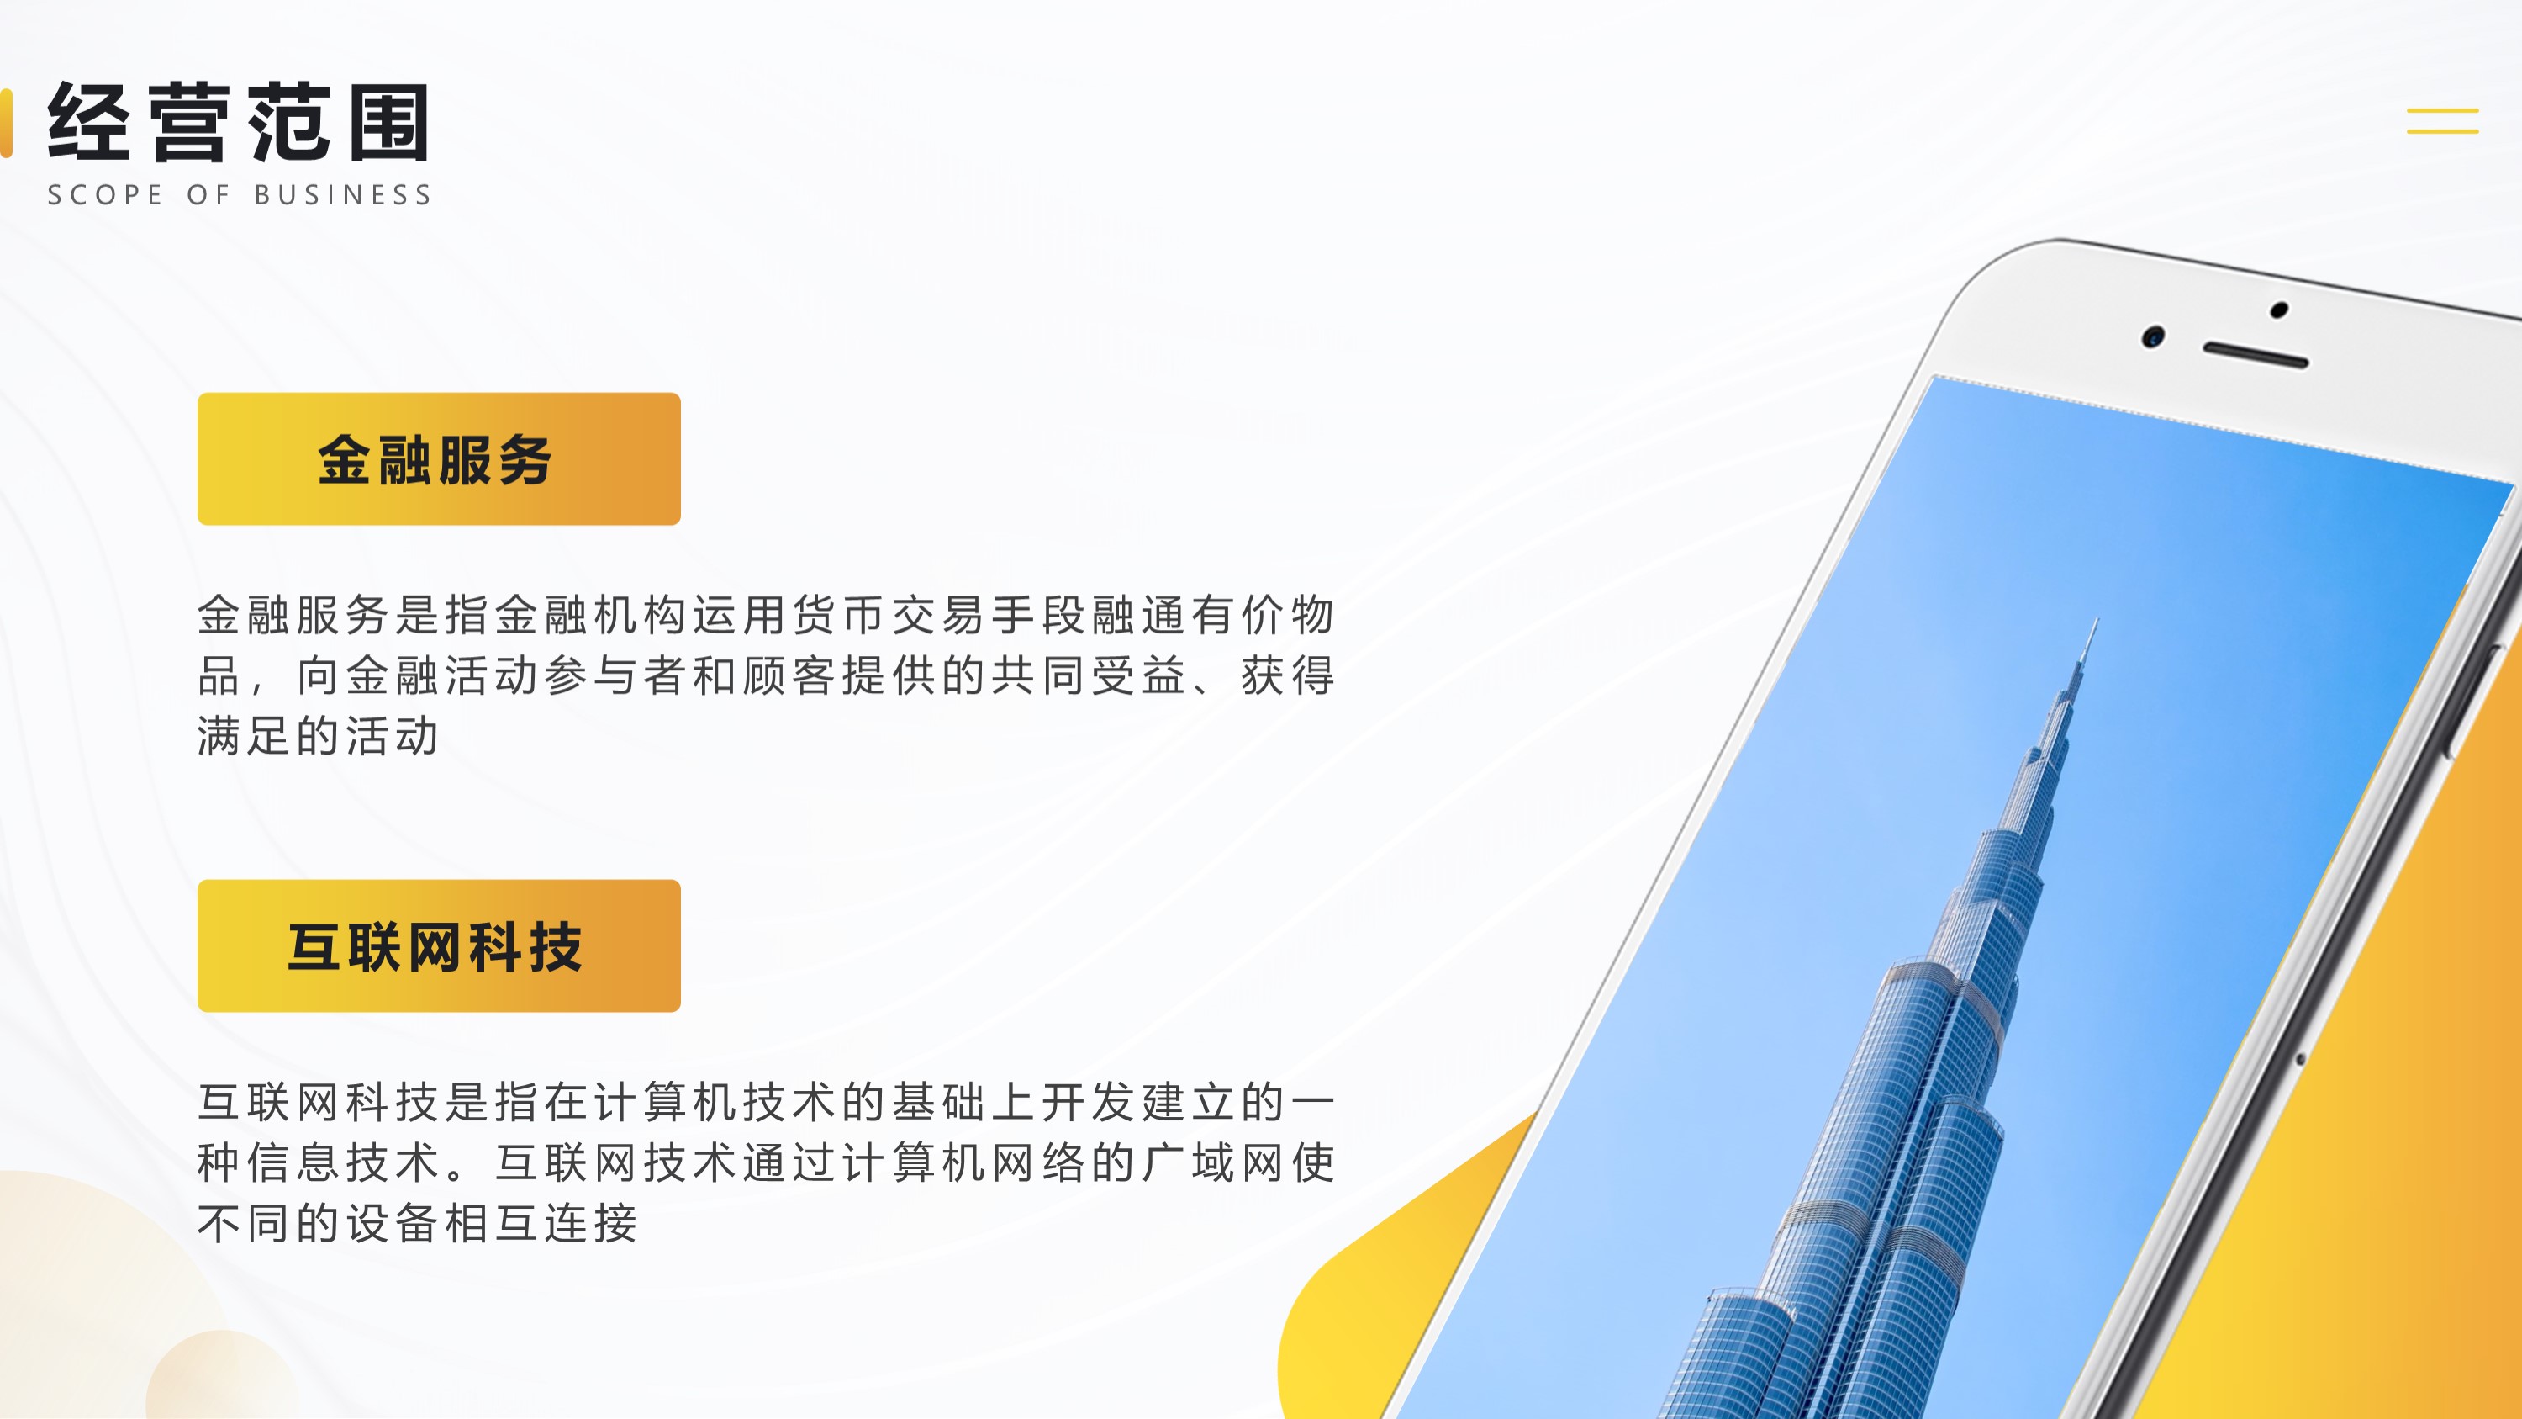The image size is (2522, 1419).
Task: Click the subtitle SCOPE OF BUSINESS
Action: click(240, 195)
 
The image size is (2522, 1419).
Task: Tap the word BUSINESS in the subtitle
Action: click(343, 195)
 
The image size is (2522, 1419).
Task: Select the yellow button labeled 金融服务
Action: click(439, 459)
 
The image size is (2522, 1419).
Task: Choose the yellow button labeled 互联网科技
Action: click(439, 946)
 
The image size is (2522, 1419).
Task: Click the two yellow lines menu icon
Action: click(2443, 120)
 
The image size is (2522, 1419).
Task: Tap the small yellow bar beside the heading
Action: click(6, 123)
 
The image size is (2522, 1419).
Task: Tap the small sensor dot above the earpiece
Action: click(2279, 310)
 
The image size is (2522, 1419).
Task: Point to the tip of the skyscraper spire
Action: click(2097, 618)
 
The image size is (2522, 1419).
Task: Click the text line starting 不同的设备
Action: click(418, 1223)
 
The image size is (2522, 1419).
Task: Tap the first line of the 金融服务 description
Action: click(766, 615)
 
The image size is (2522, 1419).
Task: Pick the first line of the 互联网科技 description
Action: click(766, 1102)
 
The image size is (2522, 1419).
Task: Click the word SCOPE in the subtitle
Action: click(105, 195)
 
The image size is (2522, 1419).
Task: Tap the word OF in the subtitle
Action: click(208, 195)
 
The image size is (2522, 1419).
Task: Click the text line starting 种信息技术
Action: click(766, 1162)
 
